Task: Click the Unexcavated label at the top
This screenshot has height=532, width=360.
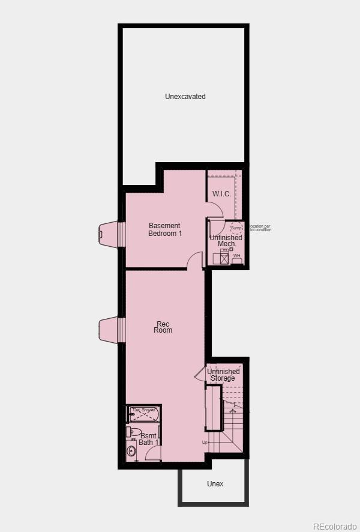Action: click(x=185, y=97)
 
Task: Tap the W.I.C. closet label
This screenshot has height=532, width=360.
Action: click(x=221, y=194)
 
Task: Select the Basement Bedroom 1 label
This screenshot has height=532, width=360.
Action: click(x=165, y=229)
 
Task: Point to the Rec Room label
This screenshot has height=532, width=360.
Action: click(x=163, y=328)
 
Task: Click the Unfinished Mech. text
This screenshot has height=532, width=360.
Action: click(x=226, y=241)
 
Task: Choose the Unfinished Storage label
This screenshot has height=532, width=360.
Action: click(x=223, y=375)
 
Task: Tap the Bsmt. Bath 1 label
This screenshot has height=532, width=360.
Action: click(x=149, y=439)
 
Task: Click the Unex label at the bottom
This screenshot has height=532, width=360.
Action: click(x=215, y=483)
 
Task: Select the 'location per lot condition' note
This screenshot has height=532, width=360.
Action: click(x=260, y=228)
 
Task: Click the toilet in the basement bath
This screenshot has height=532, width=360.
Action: click(x=135, y=432)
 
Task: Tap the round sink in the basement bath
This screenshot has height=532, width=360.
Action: click(x=131, y=451)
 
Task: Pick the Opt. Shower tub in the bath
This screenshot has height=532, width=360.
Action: click(x=143, y=414)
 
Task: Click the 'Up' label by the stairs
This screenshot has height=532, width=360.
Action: click(x=205, y=443)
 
